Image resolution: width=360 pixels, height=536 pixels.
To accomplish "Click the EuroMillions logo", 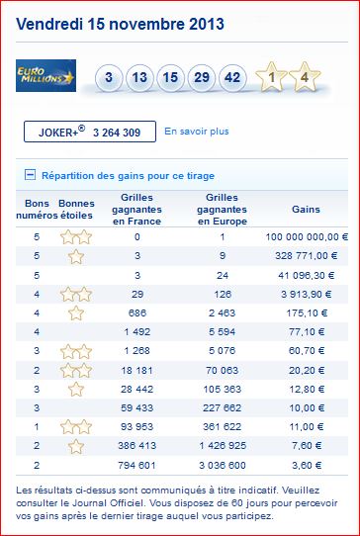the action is point(45,75).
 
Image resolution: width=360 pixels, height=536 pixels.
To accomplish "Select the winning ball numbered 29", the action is point(202,77).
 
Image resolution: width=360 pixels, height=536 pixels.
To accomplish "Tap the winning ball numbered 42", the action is point(232,77).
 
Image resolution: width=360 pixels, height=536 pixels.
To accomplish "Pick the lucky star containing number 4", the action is point(305,77).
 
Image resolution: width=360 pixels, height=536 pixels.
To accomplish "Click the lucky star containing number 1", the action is point(271,77).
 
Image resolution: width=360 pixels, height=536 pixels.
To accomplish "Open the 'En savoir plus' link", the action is point(197,132).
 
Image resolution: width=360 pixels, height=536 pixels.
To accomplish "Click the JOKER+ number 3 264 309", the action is point(117,133).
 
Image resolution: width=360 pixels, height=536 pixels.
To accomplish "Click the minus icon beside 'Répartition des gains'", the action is point(30,175).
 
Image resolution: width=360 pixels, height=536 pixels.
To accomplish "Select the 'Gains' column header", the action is point(306,210).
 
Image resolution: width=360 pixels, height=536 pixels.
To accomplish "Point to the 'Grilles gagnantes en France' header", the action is point(137,210).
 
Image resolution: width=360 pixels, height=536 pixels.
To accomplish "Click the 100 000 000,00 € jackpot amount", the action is point(307,237).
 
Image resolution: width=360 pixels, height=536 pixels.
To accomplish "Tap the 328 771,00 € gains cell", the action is point(306,256).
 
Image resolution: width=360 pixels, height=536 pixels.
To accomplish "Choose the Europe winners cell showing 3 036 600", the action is point(223,465).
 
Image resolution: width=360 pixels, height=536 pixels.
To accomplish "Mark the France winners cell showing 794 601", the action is point(137,465).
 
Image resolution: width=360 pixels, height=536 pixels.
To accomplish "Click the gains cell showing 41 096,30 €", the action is point(306,275).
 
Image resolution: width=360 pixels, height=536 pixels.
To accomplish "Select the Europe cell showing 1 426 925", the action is point(223,446).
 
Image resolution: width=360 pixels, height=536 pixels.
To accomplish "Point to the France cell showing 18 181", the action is point(137,370).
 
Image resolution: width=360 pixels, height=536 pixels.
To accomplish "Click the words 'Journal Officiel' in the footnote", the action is point(87,503).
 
